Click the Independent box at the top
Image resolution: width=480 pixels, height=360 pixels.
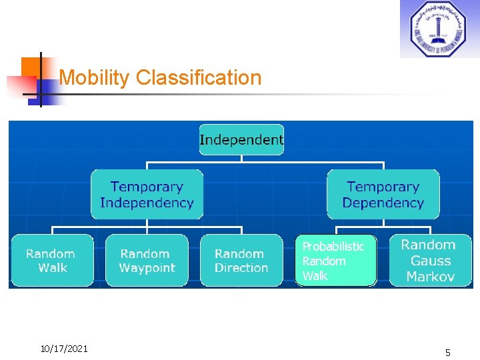[241, 140]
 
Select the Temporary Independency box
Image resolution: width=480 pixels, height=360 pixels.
[147, 195]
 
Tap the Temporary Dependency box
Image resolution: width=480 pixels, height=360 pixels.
[383, 195]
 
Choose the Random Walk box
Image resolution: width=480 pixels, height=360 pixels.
[51, 261]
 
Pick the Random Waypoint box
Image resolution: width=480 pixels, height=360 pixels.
[147, 261]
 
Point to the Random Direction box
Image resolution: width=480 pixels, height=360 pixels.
[241, 261]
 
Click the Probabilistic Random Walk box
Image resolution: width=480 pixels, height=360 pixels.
[335, 261]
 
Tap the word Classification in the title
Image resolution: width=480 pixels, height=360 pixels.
[199, 78]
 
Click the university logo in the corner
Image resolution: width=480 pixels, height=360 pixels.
[438, 29]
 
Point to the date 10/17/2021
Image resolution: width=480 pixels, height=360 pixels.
[64, 348]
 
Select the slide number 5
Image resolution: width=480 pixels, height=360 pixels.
[448, 353]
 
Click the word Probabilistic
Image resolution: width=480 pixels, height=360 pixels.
[333, 247]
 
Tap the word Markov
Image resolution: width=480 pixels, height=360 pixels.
[430, 276]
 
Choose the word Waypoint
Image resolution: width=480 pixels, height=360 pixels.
[147, 268]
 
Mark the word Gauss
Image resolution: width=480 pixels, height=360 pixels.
[430, 261]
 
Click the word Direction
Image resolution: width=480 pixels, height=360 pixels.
[241, 268]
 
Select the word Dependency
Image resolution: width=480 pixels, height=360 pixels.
[383, 203]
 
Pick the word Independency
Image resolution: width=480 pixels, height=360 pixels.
[147, 203]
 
